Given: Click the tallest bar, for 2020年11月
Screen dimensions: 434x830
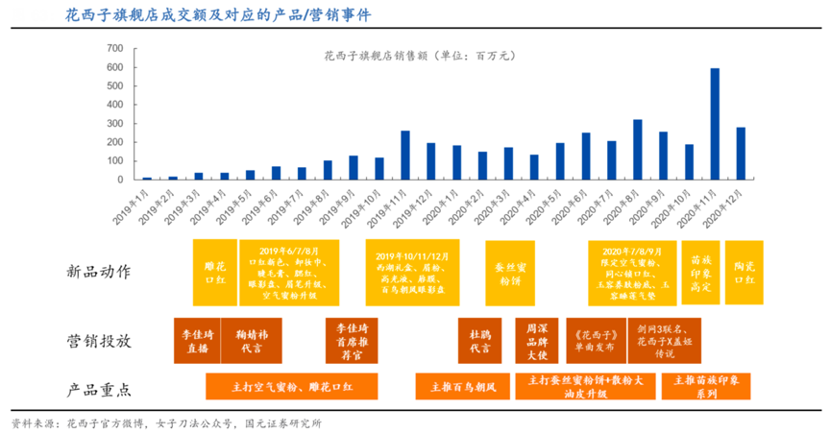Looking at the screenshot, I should [x=715, y=124].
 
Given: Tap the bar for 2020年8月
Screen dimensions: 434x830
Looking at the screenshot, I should [x=637, y=150].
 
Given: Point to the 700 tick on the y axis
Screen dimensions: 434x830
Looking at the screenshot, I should [x=114, y=48].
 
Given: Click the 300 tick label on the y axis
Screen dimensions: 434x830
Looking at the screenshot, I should [x=114, y=124].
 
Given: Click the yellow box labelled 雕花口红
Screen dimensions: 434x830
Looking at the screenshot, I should [x=213, y=272].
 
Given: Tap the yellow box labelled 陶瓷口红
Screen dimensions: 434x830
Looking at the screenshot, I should [x=744, y=272].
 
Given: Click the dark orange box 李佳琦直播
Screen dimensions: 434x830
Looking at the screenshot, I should [x=197, y=341].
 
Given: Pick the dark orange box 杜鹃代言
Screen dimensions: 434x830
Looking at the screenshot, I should [x=478, y=341].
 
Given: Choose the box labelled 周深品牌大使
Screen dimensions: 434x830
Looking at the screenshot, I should [x=535, y=341].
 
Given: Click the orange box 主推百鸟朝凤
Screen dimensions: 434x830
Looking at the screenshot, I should [x=462, y=387].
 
